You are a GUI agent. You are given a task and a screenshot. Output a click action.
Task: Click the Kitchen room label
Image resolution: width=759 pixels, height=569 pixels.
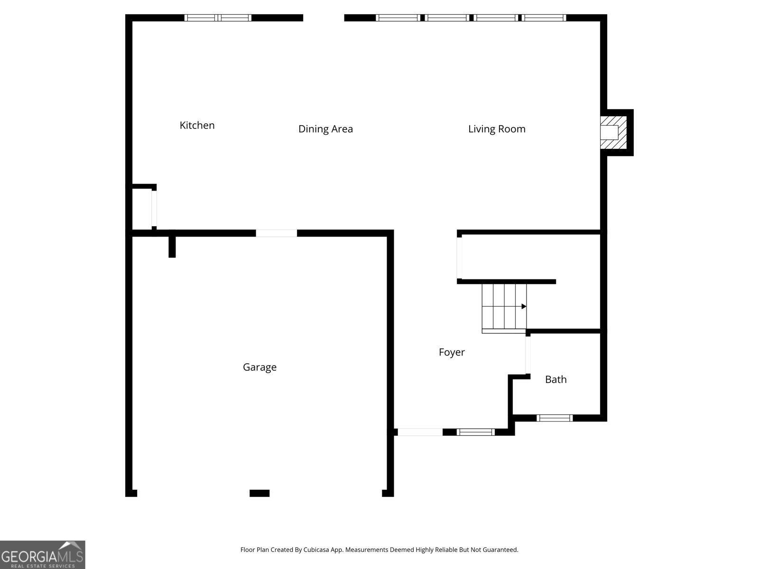point(197,125)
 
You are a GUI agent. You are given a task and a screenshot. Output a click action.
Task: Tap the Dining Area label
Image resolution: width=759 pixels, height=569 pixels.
point(325,129)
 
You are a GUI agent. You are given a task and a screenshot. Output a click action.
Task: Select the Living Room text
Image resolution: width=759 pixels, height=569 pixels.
point(497,129)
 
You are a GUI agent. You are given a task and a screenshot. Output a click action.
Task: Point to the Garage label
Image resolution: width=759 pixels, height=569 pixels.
point(259,367)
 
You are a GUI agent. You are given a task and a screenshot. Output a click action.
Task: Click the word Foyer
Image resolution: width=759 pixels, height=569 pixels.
point(452,352)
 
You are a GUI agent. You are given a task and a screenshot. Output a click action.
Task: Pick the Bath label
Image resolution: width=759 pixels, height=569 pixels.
point(555,379)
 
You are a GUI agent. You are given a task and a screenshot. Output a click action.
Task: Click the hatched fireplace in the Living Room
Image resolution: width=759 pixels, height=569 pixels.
point(613,132)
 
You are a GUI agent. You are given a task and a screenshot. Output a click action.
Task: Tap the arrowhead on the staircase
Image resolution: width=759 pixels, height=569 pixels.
point(524,306)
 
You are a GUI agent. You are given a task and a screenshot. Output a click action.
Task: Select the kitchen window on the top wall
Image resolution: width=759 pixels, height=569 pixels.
point(218,18)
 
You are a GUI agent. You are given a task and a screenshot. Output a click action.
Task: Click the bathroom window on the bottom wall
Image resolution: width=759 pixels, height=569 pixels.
point(555,418)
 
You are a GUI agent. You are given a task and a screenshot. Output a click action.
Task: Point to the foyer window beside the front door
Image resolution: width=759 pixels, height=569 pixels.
point(475,432)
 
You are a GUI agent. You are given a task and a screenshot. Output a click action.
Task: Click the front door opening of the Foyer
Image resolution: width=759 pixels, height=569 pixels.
point(420,432)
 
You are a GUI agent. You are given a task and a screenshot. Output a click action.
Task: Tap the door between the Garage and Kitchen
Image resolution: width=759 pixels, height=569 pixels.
point(276,233)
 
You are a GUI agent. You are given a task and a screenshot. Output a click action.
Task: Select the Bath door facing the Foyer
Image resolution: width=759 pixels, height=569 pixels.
point(528,355)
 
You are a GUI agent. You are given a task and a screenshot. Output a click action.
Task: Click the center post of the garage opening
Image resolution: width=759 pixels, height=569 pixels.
point(259,493)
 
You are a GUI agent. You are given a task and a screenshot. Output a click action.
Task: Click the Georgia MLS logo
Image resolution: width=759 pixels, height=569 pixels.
point(43,554)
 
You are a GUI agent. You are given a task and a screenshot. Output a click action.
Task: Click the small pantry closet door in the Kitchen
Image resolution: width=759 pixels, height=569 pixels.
point(154,209)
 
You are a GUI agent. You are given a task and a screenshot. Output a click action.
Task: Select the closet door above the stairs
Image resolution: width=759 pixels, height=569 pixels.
point(459,258)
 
